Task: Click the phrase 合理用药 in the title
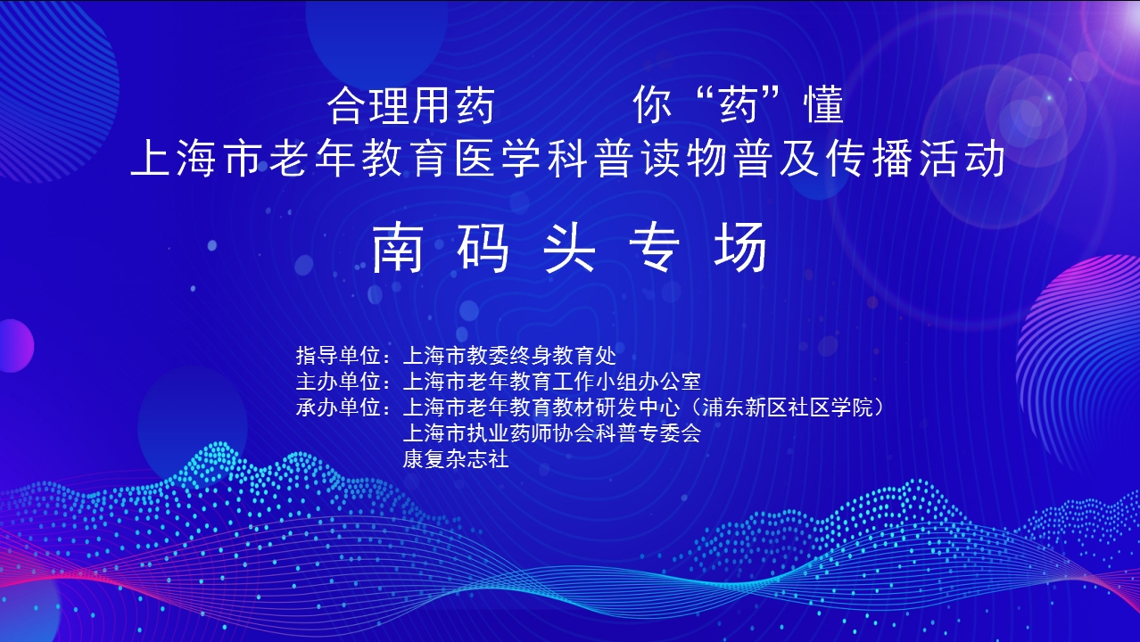click(410, 106)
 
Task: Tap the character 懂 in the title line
click(823, 105)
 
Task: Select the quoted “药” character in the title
click(739, 105)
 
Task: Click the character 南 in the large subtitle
click(398, 248)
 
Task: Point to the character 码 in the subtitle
click(483, 248)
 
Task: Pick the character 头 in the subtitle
click(569, 248)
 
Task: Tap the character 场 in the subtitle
click(740, 248)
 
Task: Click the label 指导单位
click(338, 355)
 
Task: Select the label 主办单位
click(338, 381)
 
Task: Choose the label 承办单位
click(338, 407)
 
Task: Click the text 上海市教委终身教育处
click(509, 355)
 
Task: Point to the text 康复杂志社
click(456, 459)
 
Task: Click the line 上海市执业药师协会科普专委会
click(552, 433)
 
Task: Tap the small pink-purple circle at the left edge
click(16, 346)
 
